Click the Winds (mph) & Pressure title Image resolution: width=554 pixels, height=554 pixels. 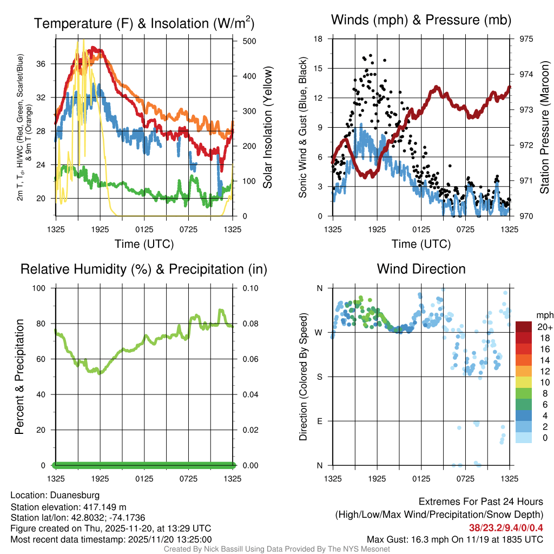421,20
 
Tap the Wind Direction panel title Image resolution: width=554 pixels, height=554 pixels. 421,269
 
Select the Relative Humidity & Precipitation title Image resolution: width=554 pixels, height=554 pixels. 144,269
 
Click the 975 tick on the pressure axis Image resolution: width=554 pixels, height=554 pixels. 526,39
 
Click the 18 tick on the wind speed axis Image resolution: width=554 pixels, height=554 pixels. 319,39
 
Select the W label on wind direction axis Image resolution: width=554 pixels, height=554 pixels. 319,332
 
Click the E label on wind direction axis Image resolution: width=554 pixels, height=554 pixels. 320,421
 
